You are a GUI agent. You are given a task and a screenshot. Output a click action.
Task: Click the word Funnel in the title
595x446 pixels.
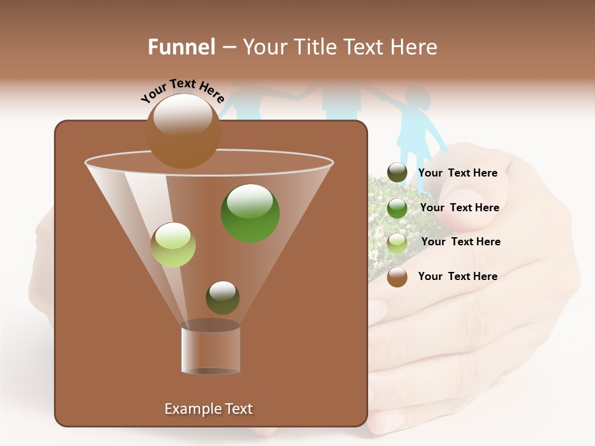point(182,47)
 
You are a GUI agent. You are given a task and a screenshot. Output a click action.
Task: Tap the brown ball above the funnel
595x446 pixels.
point(183,131)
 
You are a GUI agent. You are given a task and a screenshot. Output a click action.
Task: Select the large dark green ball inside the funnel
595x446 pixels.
point(250,212)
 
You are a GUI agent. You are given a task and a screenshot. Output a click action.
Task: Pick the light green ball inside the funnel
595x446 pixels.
point(173,245)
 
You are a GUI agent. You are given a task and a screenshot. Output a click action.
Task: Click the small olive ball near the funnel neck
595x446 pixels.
point(223,297)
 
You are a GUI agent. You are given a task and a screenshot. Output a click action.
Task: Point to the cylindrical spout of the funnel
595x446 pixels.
point(210,349)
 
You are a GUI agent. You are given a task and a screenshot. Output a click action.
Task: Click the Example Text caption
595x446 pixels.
point(208,409)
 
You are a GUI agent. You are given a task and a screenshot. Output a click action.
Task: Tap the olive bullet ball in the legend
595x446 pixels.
point(397,173)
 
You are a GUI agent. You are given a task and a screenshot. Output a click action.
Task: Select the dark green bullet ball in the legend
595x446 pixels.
point(397,208)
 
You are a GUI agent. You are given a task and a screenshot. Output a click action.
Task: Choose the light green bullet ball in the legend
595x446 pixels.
point(397,242)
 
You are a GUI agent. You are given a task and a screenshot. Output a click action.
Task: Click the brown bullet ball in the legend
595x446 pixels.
point(397,277)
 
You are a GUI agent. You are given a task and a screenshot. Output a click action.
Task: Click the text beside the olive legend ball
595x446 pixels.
point(457,173)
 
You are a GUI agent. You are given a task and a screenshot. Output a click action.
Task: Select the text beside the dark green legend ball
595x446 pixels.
point(459,208)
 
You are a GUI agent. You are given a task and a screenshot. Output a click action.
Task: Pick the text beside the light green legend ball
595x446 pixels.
point(461,242)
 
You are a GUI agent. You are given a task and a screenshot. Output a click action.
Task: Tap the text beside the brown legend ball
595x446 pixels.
point(457,276)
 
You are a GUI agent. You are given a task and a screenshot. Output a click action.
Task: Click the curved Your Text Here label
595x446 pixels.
point(182,91)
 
